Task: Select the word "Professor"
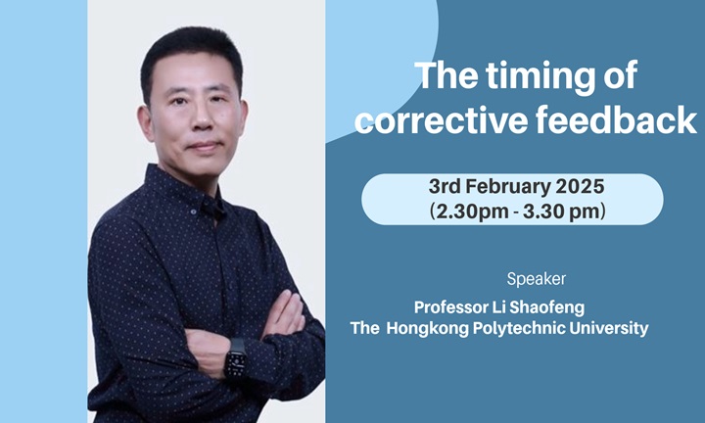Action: tap(453, 306)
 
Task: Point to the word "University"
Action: tap(610, 329)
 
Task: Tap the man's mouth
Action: tap(203, 148)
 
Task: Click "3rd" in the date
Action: tap(446, 186)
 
